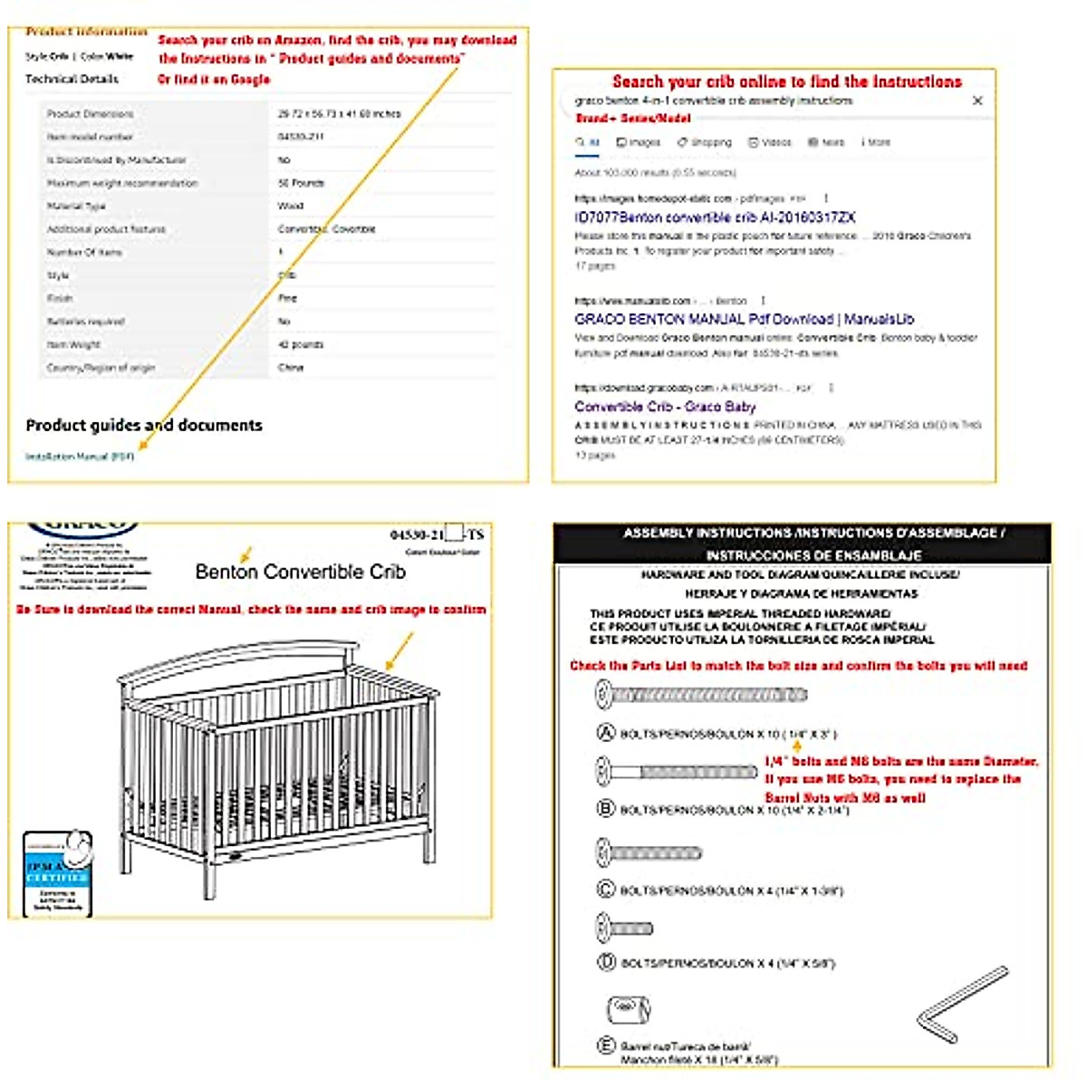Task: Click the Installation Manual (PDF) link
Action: coord(80,457)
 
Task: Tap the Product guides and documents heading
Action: coord(144,426)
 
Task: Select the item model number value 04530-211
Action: coord(301,137)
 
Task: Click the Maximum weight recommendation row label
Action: coord(122,183)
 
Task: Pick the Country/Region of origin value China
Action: coord(291,368)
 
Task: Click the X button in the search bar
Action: coord(977,101)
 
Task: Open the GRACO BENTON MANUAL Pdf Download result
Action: coord(744,319)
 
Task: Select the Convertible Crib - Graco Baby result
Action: coord(665,407)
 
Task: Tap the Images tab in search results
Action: coord(639,142)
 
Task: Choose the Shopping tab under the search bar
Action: coord(705,142)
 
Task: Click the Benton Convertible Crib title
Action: coord(301,572)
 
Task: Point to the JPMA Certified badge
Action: coord(57,873)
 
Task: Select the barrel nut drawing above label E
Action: coord(627,1007)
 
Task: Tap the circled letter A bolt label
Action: coord(605,733)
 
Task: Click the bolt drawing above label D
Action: coord(625,928)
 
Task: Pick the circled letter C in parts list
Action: coord(605,890)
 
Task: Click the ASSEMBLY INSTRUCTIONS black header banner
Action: coord(803,543)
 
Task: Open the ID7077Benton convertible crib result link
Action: coord(715,217)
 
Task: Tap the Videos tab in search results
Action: coord(770,142)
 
